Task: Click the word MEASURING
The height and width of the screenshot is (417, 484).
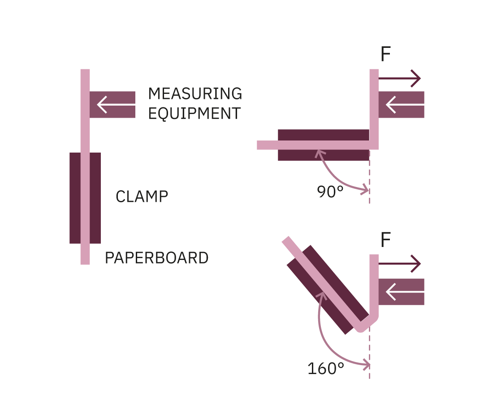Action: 195,94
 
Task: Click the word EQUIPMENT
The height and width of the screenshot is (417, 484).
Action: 194,114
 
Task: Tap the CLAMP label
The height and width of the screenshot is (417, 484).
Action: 142,197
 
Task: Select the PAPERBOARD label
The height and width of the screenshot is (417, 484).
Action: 156,258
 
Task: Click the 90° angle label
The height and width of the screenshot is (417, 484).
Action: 330,192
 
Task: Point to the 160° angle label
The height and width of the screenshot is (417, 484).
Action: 326,369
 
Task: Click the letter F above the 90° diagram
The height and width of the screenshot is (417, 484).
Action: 385,55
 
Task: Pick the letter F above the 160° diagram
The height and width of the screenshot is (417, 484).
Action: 385,240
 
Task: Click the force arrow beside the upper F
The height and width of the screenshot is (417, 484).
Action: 400,79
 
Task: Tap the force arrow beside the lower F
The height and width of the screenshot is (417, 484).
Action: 400,264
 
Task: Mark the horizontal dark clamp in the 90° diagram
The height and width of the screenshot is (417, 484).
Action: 323,134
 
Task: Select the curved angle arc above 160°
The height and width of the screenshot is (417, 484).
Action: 324,340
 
